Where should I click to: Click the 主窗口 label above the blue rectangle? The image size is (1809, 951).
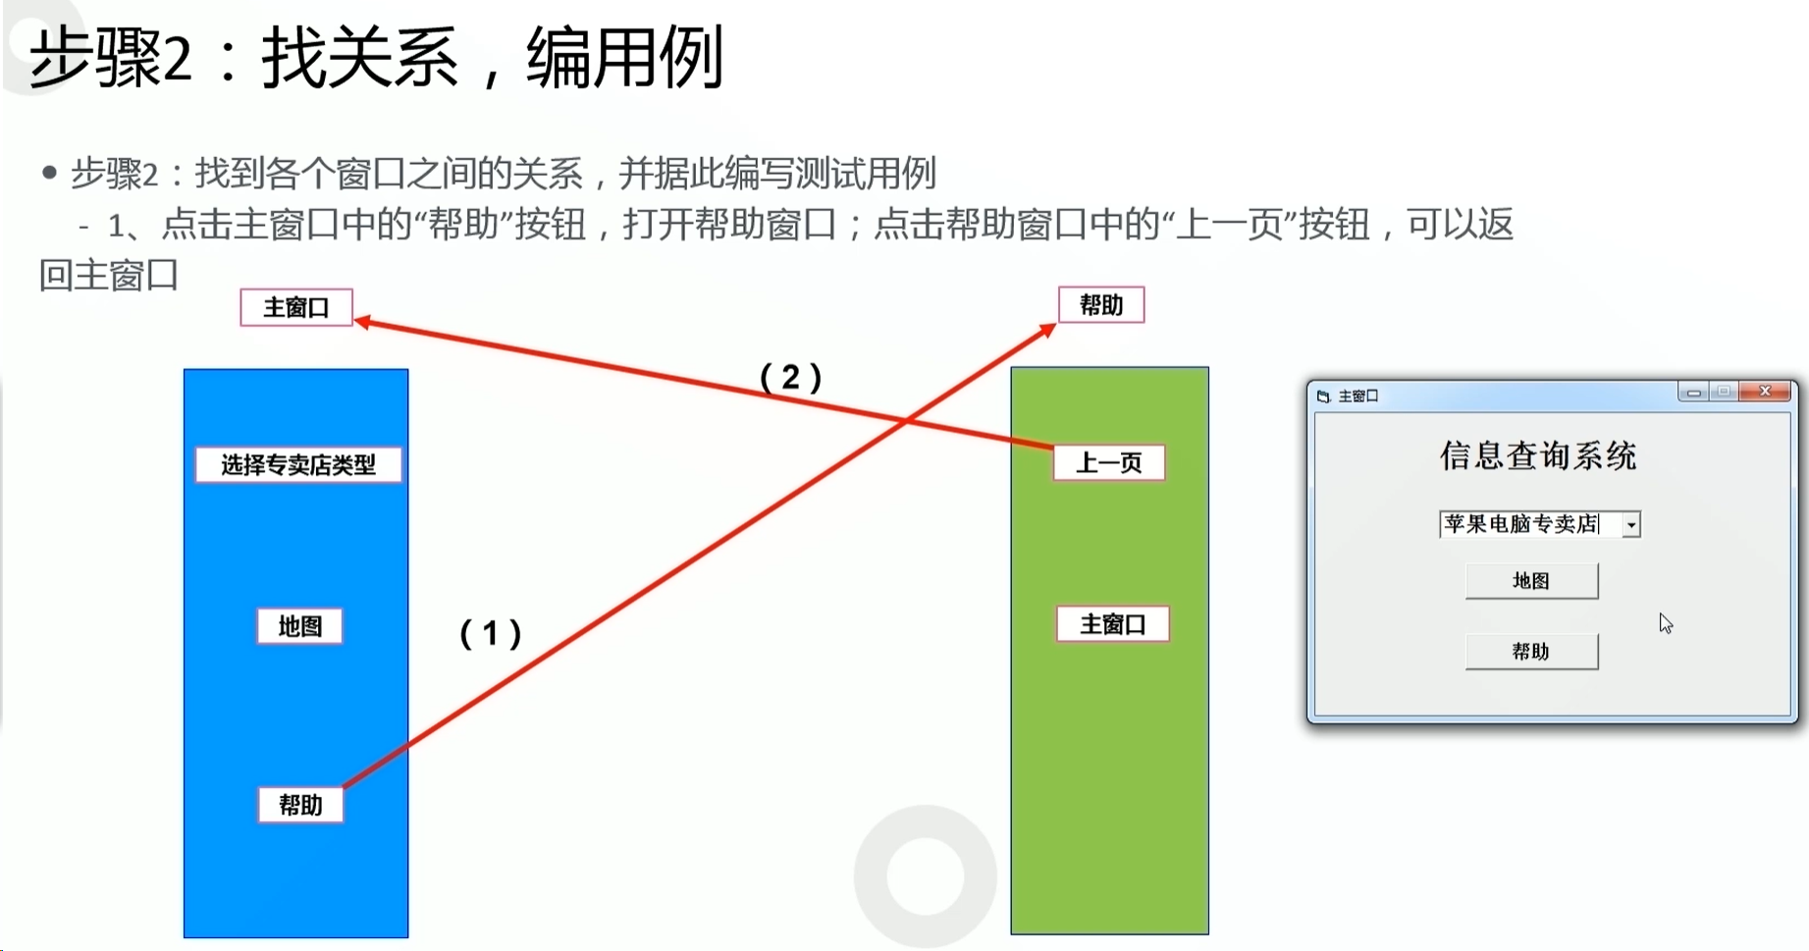coord(296,308)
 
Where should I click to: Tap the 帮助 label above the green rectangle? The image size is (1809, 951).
coord(1100,305)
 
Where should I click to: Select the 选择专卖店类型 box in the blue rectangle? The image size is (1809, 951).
coord(298,465)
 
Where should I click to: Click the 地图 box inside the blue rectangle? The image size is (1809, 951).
coord(299,626)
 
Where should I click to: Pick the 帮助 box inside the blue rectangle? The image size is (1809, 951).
coord(300,806)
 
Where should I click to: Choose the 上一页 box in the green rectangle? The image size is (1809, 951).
coord(1109,462)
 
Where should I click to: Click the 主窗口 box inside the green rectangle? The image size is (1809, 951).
coord(1113,625)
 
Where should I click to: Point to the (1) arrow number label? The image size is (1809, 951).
coord(491,633)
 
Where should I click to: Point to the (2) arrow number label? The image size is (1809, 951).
coord(791,377)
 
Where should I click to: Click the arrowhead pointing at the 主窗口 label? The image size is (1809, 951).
coord(362,321)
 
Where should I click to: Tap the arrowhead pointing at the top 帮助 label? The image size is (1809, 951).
coord(1047,330)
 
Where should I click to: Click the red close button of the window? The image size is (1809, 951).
coord(1765,392)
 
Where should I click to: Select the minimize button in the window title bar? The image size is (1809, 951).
coord(1693,393)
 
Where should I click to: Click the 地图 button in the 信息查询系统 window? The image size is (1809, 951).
coord(1531,581)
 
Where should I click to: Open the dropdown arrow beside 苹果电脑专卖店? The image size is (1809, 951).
coord(1630,525)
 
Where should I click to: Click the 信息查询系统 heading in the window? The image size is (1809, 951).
coord(1538,456)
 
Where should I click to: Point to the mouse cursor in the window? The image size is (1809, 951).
coord(1666,623)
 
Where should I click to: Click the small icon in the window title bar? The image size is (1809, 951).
coord(1323,396)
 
